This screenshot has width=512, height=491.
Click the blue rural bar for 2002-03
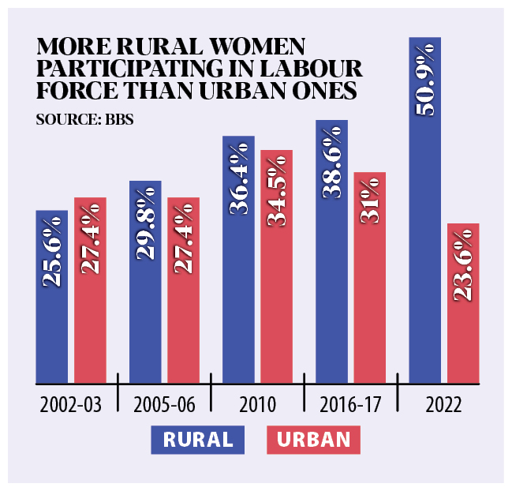coord(52,297)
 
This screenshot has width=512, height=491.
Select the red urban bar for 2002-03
coord(90,290)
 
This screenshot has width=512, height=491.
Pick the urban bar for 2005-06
coord(183,290)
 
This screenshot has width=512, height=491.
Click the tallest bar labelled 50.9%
coord(424,210)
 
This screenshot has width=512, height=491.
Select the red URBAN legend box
coord(313,440)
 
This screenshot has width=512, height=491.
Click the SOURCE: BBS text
coord(73,120)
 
